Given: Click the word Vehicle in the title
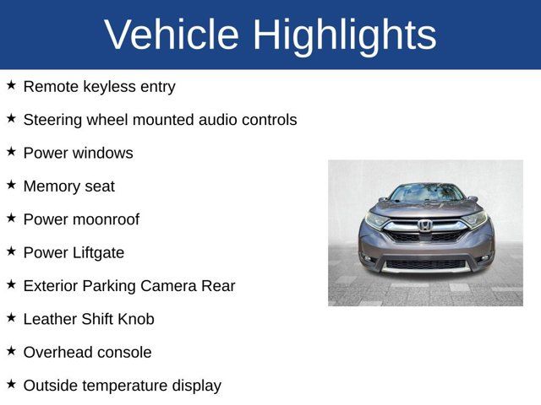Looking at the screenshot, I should (x=172, y=35).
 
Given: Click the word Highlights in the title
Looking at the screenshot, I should (x=344, y=35).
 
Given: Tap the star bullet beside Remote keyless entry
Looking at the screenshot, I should (x=11, y=85).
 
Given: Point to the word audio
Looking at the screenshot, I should (x=220, y=120).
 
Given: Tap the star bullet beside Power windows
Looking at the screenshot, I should (x=11, y=152).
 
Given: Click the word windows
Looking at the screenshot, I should (x=102, y=153).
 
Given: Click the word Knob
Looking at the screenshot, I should (x=135, y=319).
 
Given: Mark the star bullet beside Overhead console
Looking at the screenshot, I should (x=11, y=351).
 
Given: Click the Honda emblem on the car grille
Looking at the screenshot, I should (x=424, y=225).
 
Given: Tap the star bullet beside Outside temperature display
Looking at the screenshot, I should (x=11, y=384).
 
